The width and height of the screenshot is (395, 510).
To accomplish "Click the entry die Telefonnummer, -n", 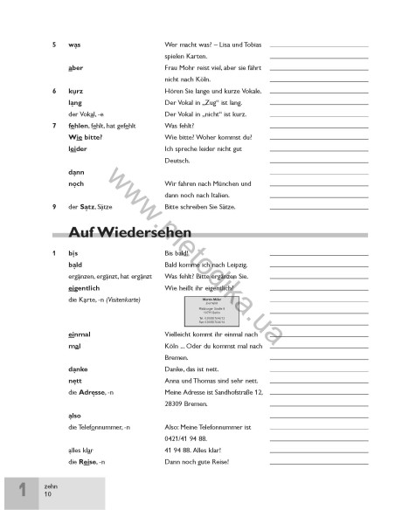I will (99, 426).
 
